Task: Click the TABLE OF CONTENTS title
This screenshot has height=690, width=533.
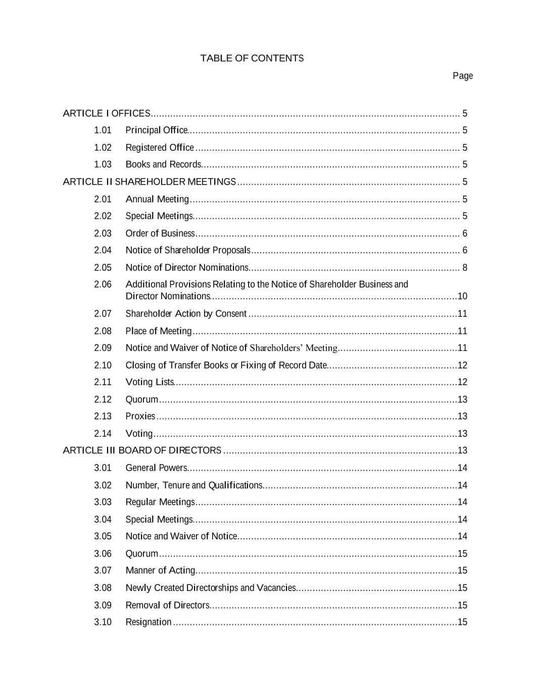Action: point(252,58)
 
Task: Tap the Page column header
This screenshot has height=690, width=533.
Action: point(462,76)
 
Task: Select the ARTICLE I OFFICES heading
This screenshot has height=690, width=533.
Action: point(106,113)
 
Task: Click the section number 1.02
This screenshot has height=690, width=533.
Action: point(103,148)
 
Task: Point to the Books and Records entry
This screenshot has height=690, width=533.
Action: point(163,164)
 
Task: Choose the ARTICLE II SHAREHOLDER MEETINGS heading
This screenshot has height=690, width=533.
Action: point(149,181)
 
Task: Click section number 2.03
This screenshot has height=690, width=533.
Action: point(103,233)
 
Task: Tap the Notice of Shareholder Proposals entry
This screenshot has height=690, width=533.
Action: point(187,250)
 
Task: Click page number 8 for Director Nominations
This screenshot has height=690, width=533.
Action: point(464,267)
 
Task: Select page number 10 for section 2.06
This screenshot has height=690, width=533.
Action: point(462,296)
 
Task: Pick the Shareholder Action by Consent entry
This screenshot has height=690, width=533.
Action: point(186,313)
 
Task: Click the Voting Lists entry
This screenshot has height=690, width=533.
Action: point(150,382)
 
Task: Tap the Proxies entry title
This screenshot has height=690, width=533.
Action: point(140,416)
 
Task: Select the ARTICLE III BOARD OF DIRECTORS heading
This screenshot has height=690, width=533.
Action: point(142,450)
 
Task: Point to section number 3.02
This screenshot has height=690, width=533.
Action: point(103,485)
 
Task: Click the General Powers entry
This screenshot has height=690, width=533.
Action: point(156,468)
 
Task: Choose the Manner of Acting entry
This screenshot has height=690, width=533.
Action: point(160,570)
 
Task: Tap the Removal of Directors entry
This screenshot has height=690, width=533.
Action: point(167,605)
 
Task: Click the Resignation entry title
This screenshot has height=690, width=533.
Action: point(149,622)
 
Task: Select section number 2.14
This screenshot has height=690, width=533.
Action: point(103,433)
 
